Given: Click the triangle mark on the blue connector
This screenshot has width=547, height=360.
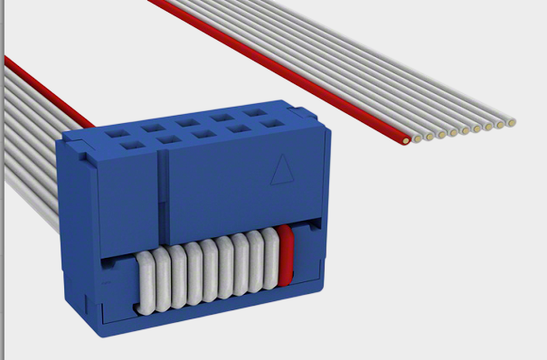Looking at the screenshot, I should [x=281, y=170].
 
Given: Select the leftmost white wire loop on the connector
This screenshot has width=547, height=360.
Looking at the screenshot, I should [x=146, y=280].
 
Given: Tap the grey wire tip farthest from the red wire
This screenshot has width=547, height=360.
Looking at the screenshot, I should [x=512, y=121].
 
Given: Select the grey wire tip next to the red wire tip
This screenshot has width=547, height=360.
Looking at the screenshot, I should [x=418, y=137].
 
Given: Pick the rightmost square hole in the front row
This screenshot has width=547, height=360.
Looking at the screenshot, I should [x=272, y=126].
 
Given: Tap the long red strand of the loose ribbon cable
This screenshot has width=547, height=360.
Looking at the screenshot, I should [x=271, y=63].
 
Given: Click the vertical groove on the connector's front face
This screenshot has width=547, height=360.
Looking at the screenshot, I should [x=162, y=194].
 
